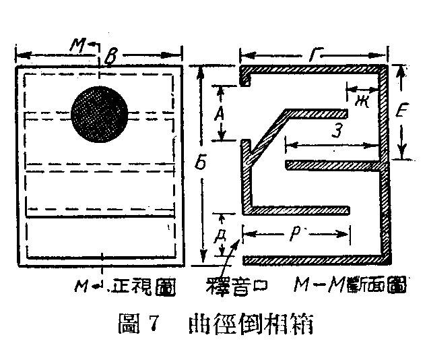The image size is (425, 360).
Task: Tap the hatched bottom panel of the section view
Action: tap(317, 260)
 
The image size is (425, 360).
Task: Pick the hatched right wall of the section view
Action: tap(385, 202)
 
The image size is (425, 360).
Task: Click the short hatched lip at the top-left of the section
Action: tap(246, 76)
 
